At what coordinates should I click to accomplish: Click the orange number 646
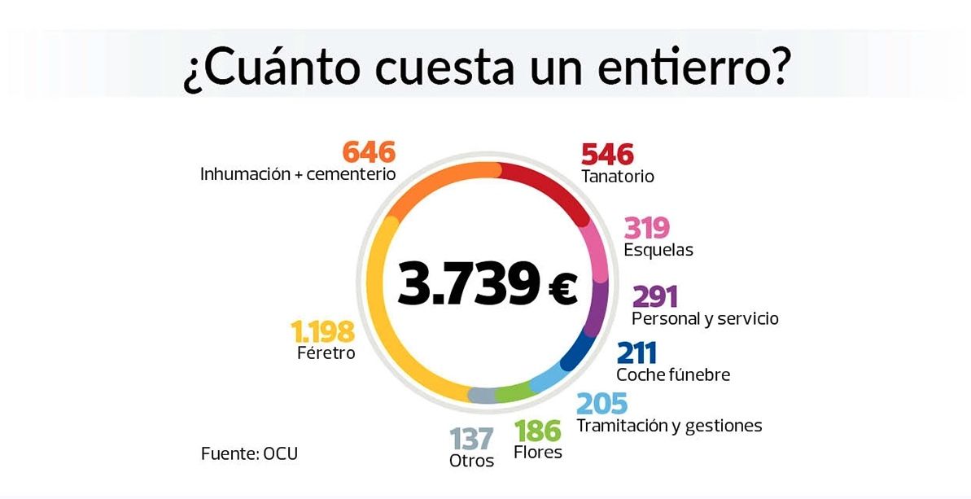368,152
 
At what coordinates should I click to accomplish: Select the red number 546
607,153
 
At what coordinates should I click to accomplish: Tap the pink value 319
646,228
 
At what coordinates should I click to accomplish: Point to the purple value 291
654,296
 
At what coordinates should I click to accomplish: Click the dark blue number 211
636,353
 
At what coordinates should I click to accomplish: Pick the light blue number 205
602,404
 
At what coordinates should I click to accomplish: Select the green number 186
537,431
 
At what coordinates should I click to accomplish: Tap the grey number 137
472,439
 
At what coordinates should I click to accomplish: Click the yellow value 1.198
323,331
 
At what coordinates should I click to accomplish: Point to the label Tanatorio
618,177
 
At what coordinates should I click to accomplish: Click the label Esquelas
658,251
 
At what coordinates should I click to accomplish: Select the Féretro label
326,354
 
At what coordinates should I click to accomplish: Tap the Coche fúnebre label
673,375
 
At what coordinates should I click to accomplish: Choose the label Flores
538,453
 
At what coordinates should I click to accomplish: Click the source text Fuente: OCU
249,454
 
